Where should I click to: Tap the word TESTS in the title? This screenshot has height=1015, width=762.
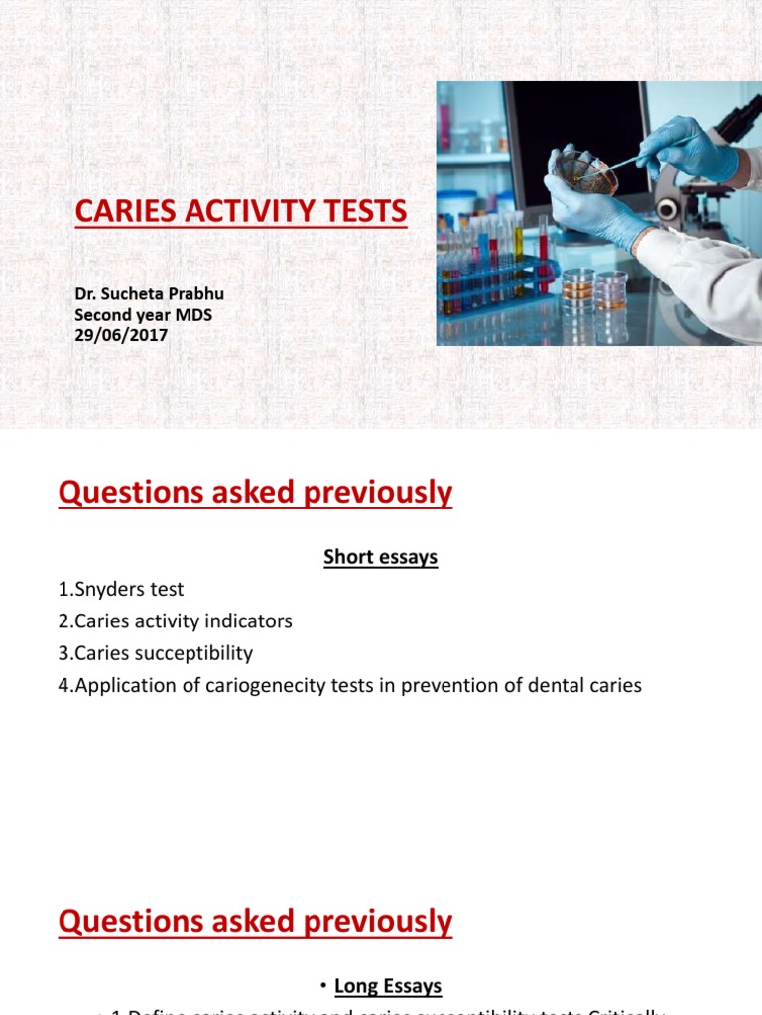coord(362,211)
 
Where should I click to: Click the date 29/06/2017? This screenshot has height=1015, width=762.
coord(121,335)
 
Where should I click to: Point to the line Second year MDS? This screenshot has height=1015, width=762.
coord(144,315)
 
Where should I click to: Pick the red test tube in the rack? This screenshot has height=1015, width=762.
coord(543,253)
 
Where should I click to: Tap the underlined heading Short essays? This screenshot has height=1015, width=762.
coord(380,558)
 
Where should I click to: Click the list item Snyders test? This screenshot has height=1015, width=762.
coord(121,589)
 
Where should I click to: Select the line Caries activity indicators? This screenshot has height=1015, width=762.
coord(176,621)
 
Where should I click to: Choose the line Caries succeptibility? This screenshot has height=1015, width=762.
coord(156,653)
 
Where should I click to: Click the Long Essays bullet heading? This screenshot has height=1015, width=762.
coord(387,986)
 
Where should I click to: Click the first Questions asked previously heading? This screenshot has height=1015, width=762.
coord(255,493)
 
